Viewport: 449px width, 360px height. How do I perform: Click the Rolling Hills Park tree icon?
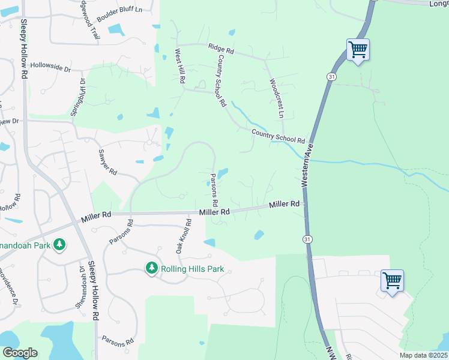152,268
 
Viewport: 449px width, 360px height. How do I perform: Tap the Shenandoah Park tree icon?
59,244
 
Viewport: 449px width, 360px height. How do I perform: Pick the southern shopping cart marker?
392,280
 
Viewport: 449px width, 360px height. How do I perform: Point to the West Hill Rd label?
179,66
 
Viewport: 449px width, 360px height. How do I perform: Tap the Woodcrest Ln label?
277,97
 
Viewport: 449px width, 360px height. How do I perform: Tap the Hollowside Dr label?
50,66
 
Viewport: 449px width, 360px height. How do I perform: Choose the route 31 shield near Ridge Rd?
331,77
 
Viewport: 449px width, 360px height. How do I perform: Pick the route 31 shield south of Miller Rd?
307,239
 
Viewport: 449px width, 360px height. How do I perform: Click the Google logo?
20,353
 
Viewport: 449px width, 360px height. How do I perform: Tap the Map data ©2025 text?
423,355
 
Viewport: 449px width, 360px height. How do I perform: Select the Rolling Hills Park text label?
192,269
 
